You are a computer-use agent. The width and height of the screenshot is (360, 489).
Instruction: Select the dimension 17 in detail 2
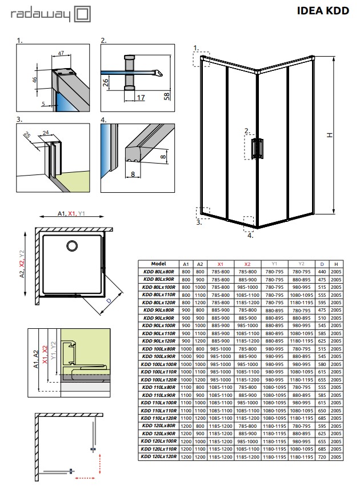pyautogui.click(x=140, y=98)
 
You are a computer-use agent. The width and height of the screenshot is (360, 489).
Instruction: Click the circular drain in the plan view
pyautogui.click(x=71, y=246)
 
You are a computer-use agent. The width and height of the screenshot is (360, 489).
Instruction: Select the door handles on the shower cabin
pyautogui.click(x=258, y=147)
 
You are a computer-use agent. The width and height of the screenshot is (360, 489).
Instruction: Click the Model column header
pyautogui.click(x=158, y=264)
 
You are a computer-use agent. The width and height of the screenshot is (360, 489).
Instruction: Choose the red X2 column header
pyautogui.click(x=247, y=264)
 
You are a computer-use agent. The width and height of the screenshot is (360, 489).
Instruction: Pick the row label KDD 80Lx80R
pyautogui.click(x=158, y=272)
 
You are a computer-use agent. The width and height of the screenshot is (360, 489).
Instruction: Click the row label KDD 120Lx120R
pyautogui.click(x=158, y=457)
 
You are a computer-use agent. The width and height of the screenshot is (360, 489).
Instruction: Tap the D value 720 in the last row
pyautogui.click(x=323, y=457)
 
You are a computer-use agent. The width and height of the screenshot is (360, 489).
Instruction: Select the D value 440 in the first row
pyautogui.click(x=323, y=272)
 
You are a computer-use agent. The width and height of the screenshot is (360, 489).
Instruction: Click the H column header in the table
pyautogui.click(x=337, y=264)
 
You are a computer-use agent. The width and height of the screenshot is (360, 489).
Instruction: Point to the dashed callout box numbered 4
pyautogui.click(x=249, y=221)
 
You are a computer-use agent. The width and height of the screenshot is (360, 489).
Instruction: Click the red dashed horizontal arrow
pyautogui.click(x=86, y=477)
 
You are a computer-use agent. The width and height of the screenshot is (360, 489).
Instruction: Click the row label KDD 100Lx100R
pyautogui.click(x=158, y=364)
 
